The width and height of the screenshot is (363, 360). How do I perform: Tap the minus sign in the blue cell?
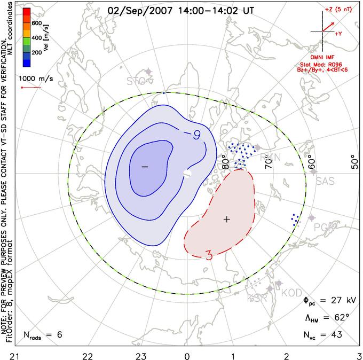click(x=144, y=167)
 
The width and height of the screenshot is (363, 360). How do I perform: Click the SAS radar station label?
click(x=325, y=182)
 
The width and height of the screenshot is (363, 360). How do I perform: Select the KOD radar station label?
click(x=291, y=293)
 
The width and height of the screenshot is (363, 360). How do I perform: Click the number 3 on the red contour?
click(x=209, y=257)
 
